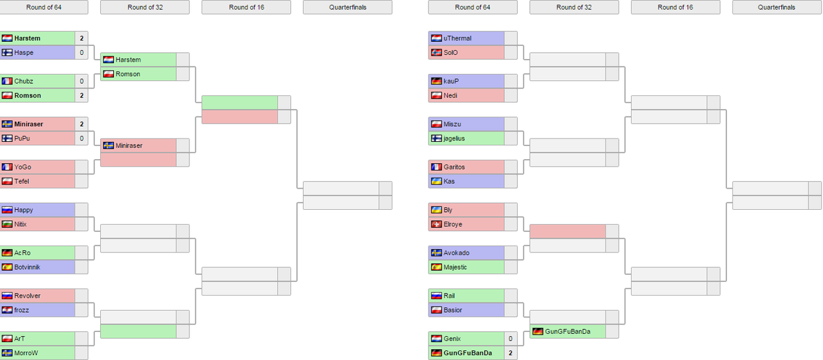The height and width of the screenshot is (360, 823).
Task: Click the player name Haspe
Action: coord(23,53)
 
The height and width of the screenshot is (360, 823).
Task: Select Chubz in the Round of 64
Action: coord(23,81)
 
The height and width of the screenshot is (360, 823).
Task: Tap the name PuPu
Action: coord(22,139)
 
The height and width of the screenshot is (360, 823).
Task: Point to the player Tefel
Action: coord(22,182)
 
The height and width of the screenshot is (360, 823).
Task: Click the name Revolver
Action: coord(27,296)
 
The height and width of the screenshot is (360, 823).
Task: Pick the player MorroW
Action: coord(26,353)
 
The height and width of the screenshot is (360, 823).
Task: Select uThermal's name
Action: coord(457,38)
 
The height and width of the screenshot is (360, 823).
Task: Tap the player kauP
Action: coord(451,81)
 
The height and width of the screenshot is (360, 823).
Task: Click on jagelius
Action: coord(454,139)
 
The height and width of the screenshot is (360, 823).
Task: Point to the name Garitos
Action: coord(454,167)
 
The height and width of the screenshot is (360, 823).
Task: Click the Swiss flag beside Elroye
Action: coord(436,224)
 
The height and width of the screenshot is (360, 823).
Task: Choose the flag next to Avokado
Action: coord(436,253)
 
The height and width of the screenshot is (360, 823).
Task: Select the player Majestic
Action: coord(455,267)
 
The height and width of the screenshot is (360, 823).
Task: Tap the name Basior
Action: coord(453,311)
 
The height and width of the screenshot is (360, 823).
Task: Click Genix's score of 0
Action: coord(510,339)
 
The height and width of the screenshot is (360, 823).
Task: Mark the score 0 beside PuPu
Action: coord(82,139)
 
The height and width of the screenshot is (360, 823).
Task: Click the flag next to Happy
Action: coord(7,210)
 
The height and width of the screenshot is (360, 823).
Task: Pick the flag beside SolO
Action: coord(436,53)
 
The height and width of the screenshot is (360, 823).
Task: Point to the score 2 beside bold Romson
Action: coord(82,95)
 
